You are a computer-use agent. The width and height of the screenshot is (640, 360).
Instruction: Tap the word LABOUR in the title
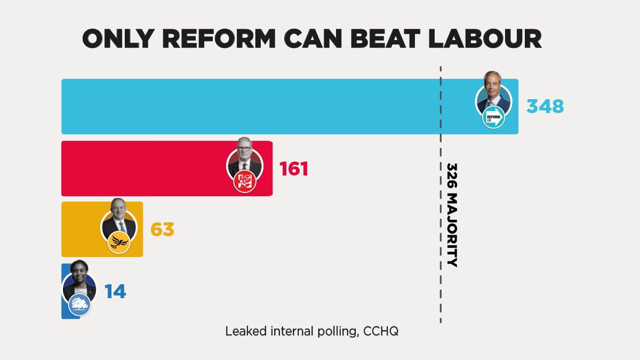pos(481,39)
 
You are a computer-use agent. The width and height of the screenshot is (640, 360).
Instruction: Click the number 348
pos(545,107)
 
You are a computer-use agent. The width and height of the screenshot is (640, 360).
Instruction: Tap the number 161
pos(294,169)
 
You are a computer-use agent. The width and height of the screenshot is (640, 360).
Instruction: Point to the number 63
pos(162,230)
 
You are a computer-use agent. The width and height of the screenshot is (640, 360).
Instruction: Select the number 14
pos(115,292)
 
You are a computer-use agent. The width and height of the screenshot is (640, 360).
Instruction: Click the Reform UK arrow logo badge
pos(493,117)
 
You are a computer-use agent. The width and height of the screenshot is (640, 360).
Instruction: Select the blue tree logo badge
pos(79,305)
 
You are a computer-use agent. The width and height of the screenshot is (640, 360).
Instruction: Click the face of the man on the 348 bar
pos(493,87)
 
